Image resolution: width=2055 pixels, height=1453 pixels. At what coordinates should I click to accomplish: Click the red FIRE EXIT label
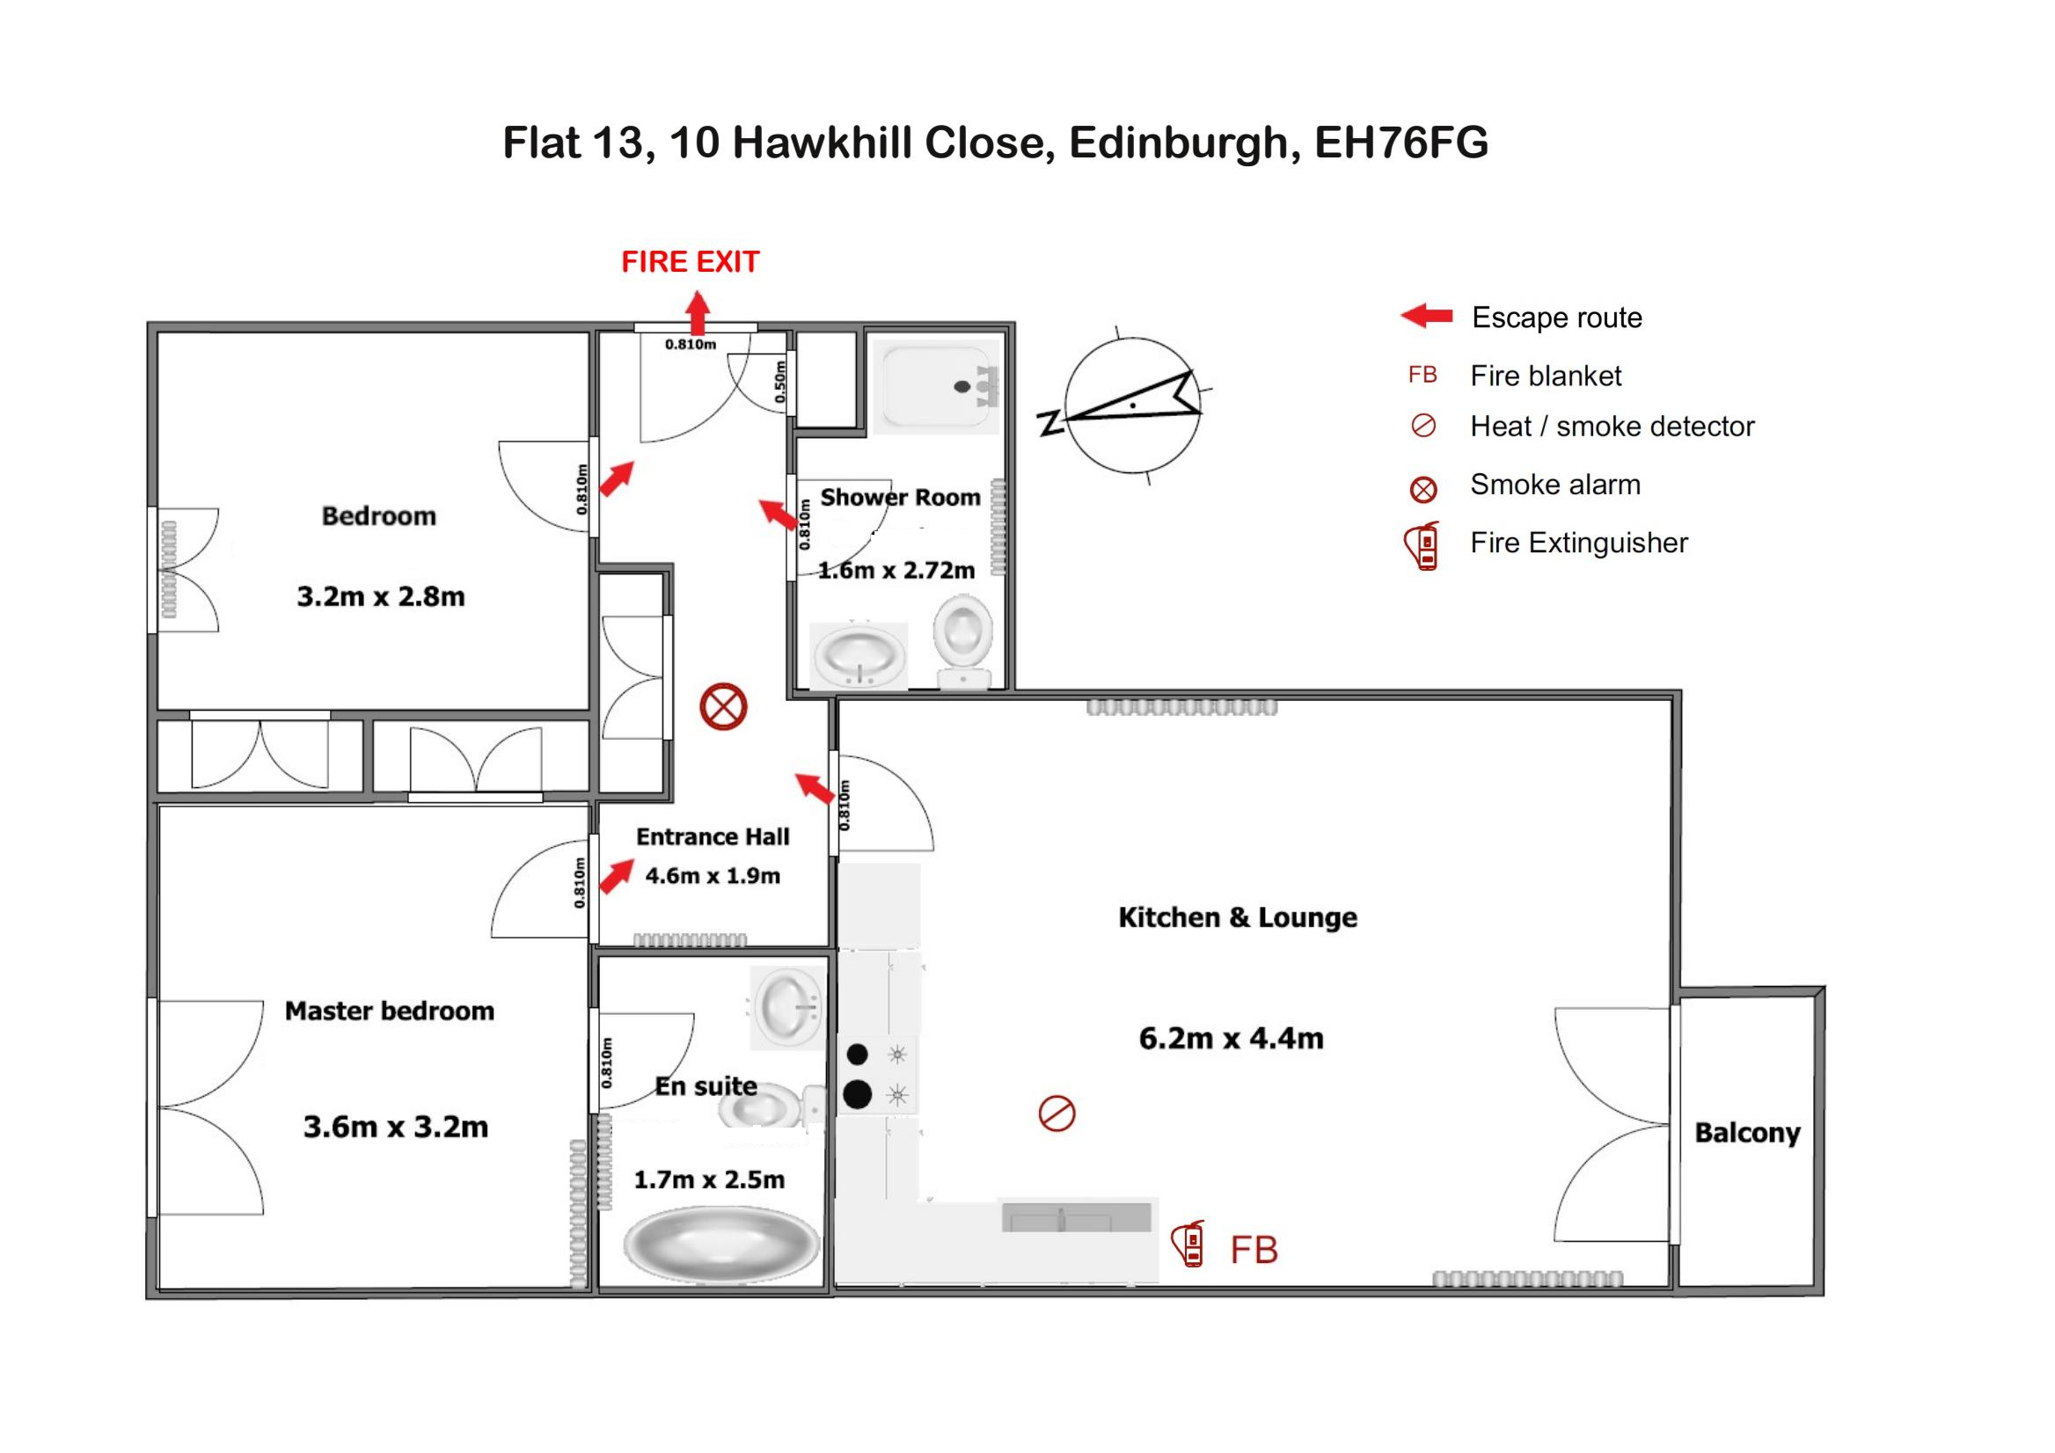tap(690, 262)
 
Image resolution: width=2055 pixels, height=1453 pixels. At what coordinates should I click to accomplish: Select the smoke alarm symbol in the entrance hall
tap(723, 707)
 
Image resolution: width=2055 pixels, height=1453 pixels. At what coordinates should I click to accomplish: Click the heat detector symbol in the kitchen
tap(1057, 1113)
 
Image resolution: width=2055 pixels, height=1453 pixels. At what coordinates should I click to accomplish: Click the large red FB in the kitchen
tap(1254, 1250)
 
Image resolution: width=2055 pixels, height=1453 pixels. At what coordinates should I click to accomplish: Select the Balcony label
tap(1747, 1133)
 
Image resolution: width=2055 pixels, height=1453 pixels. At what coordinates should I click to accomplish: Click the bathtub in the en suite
tap(721, 1244)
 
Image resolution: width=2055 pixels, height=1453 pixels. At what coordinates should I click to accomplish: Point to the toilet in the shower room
tap(963, 642)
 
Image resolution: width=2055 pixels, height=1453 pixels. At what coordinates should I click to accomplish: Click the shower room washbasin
tap(859, 655)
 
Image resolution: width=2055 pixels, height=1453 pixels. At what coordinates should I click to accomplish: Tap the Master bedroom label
tap(390, 1011)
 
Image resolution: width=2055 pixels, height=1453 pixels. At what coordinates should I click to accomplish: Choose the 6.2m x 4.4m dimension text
tap(1231, 1039)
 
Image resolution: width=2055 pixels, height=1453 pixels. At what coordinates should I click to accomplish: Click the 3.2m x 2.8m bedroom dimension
tap(381, 596)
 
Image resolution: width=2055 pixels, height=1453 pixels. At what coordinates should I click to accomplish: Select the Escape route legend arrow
tap(1427, 316)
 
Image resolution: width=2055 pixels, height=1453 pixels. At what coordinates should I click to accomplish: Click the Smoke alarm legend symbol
tap(1423, 489)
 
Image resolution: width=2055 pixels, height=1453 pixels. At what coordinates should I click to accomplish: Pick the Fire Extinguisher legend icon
tap(1422, 546)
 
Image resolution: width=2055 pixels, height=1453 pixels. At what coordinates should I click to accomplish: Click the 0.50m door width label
tap(780, 381)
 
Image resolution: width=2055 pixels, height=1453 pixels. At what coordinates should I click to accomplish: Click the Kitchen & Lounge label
tap(1238, 917)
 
